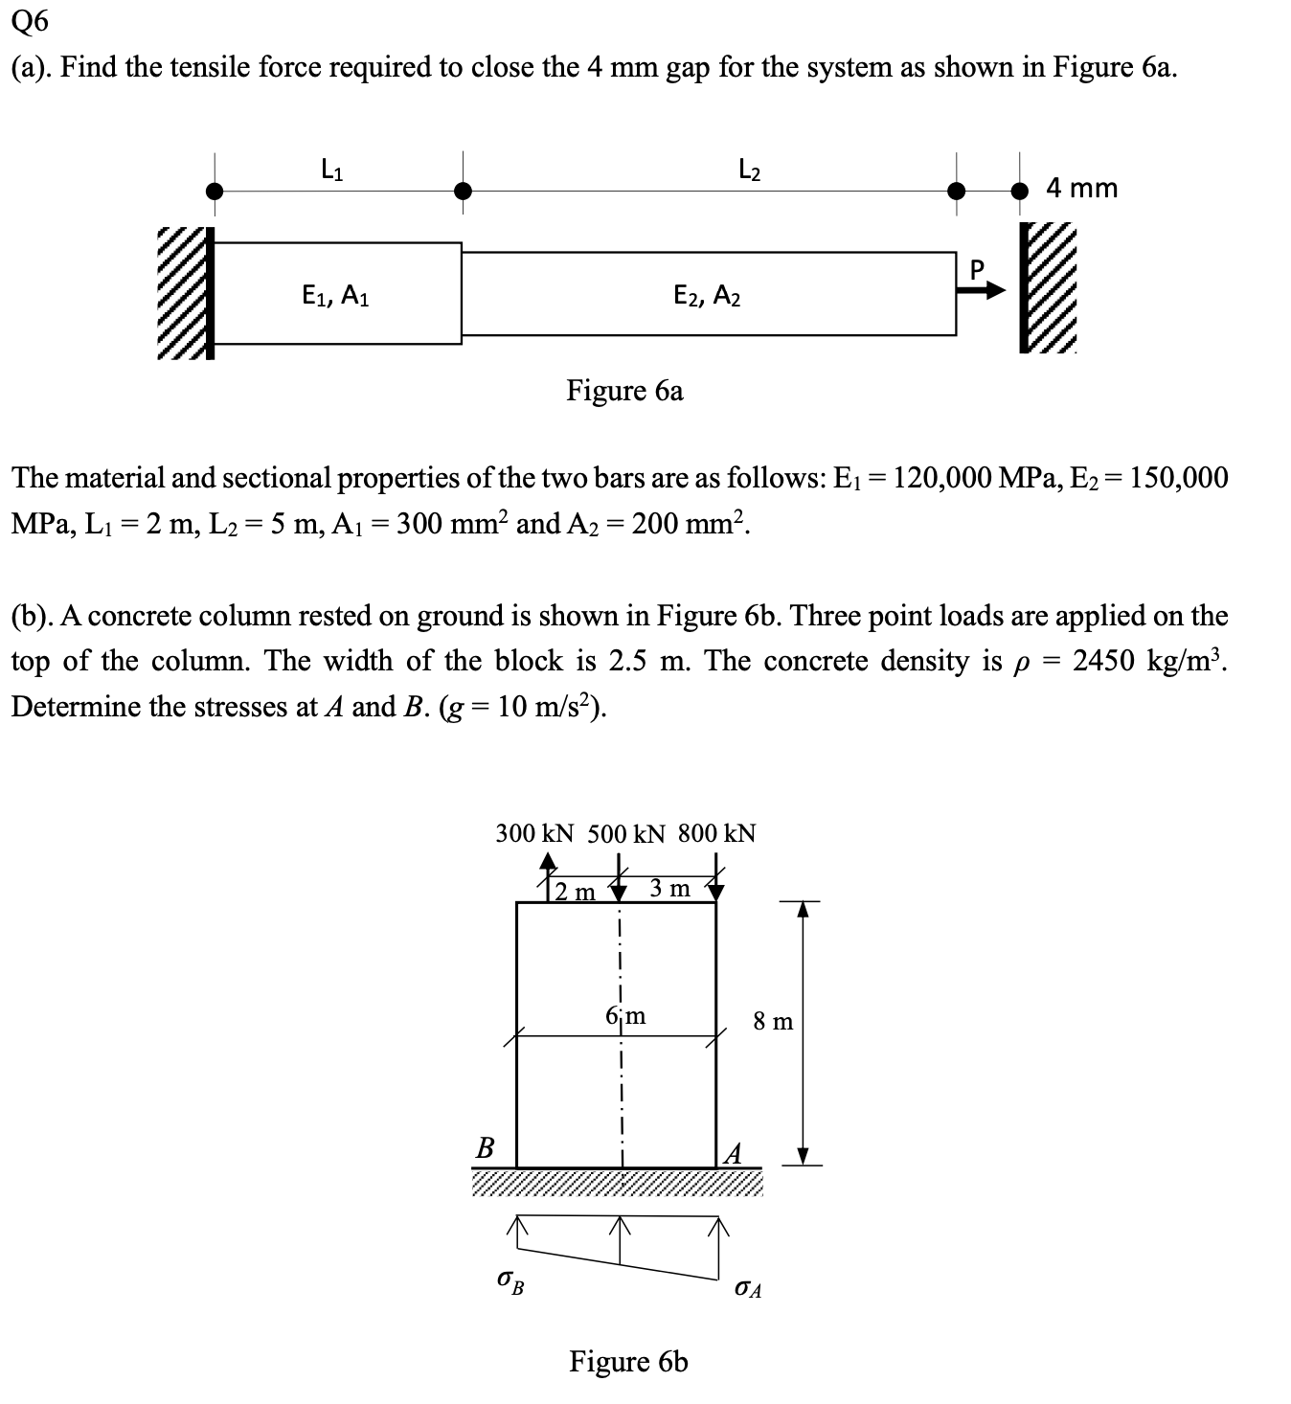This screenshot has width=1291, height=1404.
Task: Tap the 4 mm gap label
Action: point(1081,188)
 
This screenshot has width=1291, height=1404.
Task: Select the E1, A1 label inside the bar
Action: point(335,296)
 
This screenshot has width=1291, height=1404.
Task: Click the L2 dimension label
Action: point(750,171)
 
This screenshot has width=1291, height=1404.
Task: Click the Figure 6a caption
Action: point(624,391)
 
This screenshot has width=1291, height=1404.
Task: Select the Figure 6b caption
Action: point(628,1361)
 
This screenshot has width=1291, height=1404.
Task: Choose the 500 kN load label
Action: point(625,833)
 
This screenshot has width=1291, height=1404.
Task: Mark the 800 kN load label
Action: point(716,833)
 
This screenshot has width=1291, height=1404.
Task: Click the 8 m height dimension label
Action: point(773,1022)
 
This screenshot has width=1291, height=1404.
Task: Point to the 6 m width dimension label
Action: point(626,1015)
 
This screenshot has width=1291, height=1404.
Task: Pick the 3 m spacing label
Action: point(669,889)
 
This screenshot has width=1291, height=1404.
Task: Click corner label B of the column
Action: point(486,1147)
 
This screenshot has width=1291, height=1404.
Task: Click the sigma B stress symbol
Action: point(510,1279)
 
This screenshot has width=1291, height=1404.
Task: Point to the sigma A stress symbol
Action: point(748,1288)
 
